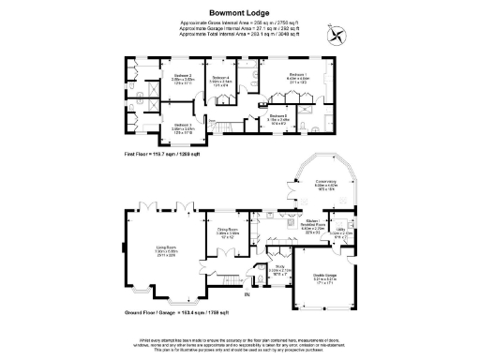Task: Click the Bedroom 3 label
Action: tap(183, 126)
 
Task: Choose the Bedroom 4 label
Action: tap(220, 79)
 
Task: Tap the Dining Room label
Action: tap(228, 230)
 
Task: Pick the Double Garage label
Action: tap(325, 277)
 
